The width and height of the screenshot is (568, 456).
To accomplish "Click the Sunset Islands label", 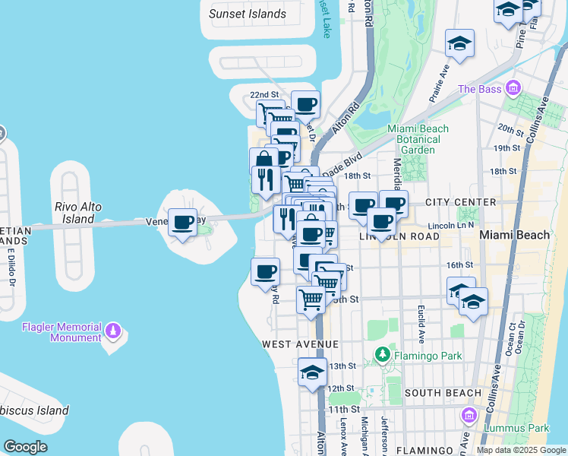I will (x=248, y=14).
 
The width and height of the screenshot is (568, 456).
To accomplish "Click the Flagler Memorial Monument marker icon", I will (x=113, y=331).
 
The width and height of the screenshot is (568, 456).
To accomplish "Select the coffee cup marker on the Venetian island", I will (x=182, y=223).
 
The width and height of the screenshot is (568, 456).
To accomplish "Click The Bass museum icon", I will (x=513, y=90).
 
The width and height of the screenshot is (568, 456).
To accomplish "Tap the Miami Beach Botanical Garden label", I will (x=418, y=139).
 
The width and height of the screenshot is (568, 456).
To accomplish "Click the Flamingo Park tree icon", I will (x=383, y=354).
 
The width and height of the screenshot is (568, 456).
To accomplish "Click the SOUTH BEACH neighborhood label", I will (x=443, y=393).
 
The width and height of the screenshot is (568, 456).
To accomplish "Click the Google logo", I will (x=25, y=447).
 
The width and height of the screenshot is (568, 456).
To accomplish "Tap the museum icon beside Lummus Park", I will (x=469, y=416).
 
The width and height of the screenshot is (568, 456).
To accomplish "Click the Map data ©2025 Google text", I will (x=521, y=450).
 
